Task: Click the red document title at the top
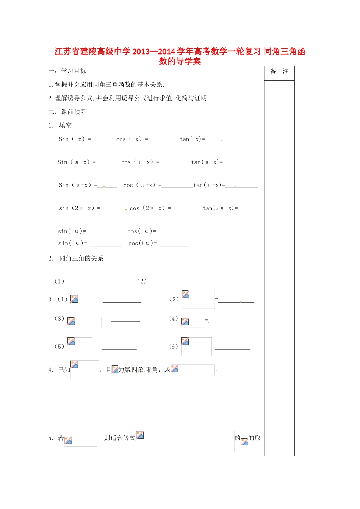[180, 56]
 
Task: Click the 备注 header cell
[279, 71]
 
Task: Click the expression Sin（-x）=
[75, 139]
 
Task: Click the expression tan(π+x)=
[209, 185]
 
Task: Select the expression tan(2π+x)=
[221, 208]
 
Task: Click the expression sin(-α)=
[72, 231]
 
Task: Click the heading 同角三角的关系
[81, 258]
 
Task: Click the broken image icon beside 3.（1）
[75, 299]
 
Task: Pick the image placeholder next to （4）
[185, 322]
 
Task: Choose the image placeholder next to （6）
[185, 342]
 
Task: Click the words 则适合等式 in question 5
[120, 438]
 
